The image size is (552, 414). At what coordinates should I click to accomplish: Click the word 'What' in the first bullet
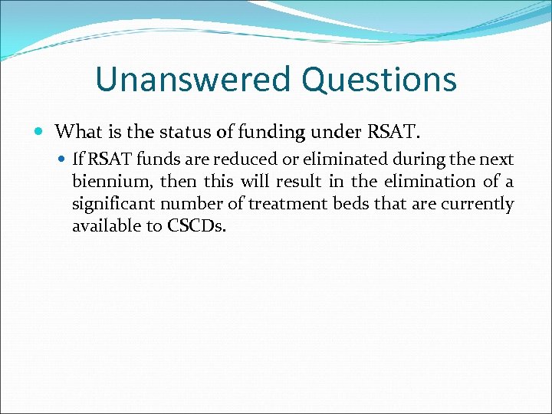coord(77,131)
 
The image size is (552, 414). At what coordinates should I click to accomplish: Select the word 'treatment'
coord(283,204)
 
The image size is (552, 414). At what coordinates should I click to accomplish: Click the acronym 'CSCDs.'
coord(196,226)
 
